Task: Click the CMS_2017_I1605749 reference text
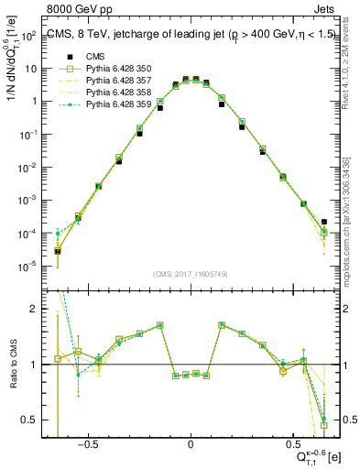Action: pyautogui.click(x=191, y=273)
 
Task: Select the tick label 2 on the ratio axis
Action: pyautogui.click(x=35, y=310)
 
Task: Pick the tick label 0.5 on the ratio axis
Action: pyautogui.click(x=29, y=420)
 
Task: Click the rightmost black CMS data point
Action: pyautogui.click(x=323, y=221)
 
